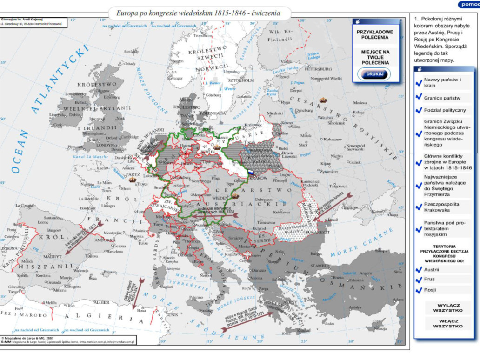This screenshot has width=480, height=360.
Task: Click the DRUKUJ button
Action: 374,74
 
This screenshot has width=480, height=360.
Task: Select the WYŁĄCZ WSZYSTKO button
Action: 448,308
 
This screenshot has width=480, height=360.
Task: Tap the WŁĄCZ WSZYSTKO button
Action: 448,324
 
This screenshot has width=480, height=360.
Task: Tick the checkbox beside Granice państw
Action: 419,97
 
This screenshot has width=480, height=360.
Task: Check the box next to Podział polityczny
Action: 419,110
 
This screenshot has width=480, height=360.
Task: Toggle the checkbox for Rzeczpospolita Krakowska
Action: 419,207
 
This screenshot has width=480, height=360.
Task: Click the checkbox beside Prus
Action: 419,280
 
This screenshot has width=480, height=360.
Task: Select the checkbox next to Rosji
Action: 419,290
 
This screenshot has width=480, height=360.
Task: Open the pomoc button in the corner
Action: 468,4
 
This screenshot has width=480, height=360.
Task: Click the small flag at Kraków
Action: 251,172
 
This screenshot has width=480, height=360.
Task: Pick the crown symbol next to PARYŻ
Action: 133,179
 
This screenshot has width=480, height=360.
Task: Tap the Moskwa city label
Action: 360,103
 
